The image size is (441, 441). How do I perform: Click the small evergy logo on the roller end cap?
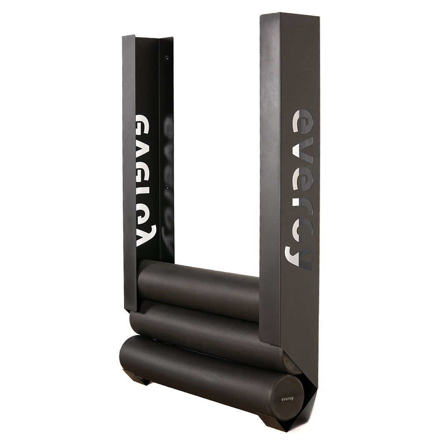288,398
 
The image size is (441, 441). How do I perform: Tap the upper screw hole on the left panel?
167,58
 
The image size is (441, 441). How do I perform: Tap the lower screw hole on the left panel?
167,186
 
